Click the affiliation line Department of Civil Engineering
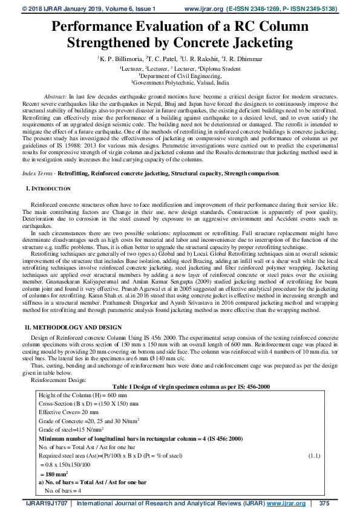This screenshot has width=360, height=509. click(x=180, y=76)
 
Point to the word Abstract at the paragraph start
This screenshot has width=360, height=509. click(x=56, y=97)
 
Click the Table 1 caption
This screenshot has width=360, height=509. click(x=180, y=369)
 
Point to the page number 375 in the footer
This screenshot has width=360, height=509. click(x=324, y=503)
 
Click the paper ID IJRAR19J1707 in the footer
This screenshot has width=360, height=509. click(x=46, y=503)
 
